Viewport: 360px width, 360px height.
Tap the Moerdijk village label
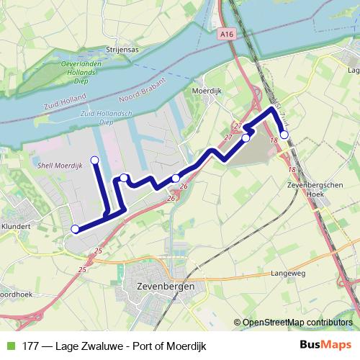(x=207, y=91)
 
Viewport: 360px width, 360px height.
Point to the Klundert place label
(x=16, y=225)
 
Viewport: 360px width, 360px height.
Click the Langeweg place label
(x=289, y=274)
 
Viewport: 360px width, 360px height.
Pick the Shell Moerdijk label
(x=61, y=165)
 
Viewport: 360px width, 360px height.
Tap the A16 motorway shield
(x=228, y=33)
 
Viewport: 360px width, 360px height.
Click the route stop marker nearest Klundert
(x=75, y=230)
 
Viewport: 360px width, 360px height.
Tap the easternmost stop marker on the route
(x=284, y=135)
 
